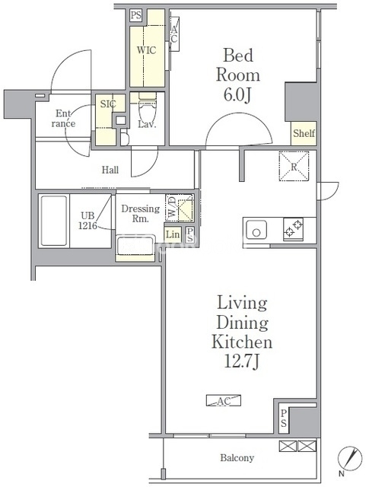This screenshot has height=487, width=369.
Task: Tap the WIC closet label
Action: tap(146, 50)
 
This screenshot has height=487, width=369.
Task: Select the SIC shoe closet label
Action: tap(108, 104)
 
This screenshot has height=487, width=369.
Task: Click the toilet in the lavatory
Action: tap(148, 109)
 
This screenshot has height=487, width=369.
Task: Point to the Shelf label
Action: tap(304, 133)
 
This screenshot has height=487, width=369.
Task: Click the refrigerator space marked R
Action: tap(294, 166)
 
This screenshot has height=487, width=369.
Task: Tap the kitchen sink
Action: tap(256, 230)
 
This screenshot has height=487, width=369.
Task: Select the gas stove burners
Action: tap(293, 229)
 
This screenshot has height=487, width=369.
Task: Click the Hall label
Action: tap(110, 170)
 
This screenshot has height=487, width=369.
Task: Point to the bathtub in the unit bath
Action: tap(54, 221)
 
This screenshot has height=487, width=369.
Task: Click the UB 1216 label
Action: tap(87, 221)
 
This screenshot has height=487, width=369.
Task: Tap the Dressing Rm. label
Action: tap(141, 213)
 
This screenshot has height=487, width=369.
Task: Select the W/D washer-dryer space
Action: tap(180, 208)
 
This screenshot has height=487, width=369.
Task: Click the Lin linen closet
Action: tap(173, 234)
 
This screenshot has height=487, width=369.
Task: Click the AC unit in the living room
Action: tap(224, 401)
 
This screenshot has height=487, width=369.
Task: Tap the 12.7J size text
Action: tap(241, 361)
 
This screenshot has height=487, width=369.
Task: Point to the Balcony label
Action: tap(237, 457)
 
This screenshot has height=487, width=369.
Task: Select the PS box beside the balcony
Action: tap(284, 419)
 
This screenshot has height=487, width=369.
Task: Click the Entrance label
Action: tap(63, 119)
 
